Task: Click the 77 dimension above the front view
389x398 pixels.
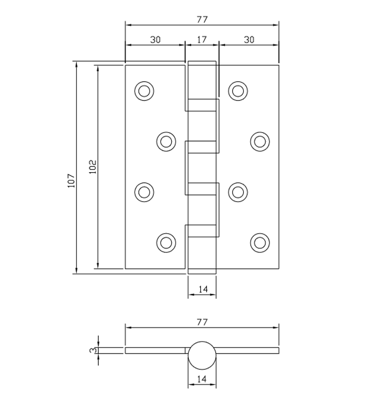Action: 202,19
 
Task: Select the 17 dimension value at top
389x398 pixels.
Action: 202,40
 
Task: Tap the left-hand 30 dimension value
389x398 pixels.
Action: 155,40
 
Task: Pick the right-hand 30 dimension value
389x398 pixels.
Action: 249,40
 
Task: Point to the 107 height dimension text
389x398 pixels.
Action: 71,181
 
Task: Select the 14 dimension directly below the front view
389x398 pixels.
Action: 202,289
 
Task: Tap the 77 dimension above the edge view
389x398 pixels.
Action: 202,322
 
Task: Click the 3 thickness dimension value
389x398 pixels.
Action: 92,350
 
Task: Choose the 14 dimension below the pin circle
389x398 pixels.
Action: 202,379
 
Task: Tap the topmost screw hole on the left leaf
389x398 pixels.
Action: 144,91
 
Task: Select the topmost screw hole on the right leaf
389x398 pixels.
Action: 237,91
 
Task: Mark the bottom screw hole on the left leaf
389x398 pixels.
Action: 166,242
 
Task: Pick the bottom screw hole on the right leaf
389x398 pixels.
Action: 259,242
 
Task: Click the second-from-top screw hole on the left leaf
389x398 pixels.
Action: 166,141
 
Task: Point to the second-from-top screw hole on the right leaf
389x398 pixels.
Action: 259,141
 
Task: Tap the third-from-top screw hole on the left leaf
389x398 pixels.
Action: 144,191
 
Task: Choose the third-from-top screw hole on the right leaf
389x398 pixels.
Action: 237,191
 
